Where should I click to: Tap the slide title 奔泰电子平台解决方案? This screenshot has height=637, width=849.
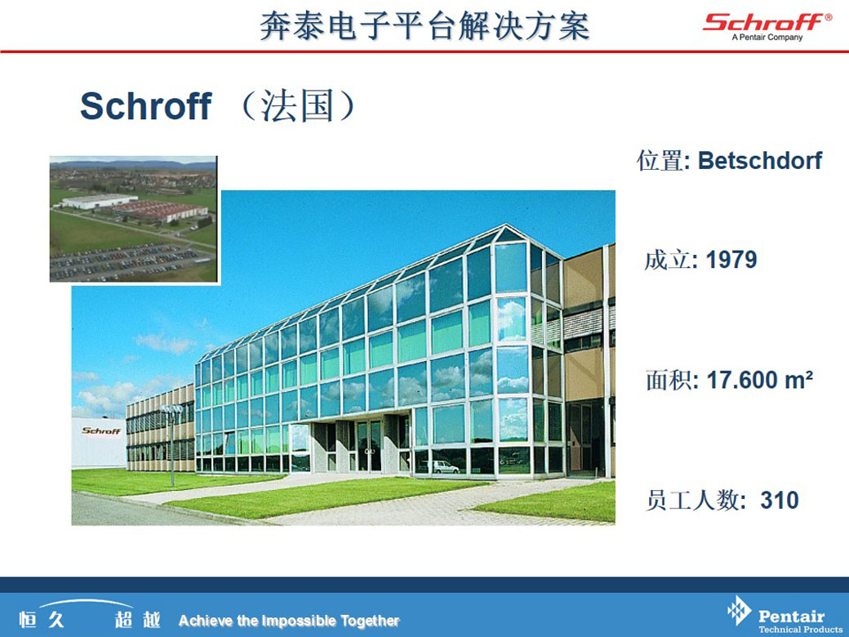coord(424,26)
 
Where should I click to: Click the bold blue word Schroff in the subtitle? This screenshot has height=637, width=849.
coord(145,105)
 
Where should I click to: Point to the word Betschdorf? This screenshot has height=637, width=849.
coord(760,160)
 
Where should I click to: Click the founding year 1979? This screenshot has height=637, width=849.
coord(731,260)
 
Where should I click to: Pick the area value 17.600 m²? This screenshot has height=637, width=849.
coord(760,380)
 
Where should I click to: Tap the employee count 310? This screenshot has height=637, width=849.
coord(779,500)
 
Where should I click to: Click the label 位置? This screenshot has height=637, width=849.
coord(660,160)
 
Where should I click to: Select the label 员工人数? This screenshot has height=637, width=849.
coord(692,500)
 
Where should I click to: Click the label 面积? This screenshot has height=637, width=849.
coord(669,380)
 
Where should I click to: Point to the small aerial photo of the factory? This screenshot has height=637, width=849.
coord(133,219)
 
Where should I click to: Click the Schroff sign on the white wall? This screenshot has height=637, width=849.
coord(101,431)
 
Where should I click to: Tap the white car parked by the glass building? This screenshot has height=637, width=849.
coord(445,467)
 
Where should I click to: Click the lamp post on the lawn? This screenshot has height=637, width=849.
coord(172,444)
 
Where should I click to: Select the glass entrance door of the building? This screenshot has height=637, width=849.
coord(369,446)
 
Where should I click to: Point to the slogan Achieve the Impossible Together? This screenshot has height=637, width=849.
coord(289,620)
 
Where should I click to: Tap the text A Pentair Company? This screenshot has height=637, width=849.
coord(767,38)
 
